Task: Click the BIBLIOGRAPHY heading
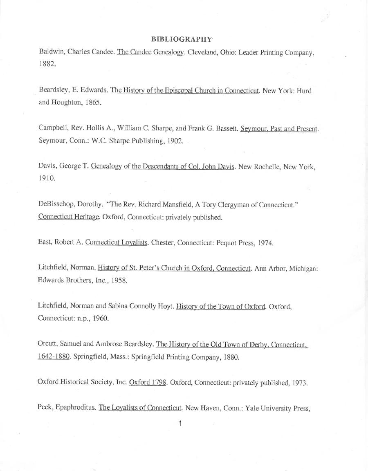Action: tap(182, 39)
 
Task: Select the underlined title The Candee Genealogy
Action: tap(150, 53)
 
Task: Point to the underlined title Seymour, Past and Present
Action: tap(279, 129)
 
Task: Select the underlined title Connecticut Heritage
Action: tap(69, 217)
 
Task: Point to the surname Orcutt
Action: tap(47, 344)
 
